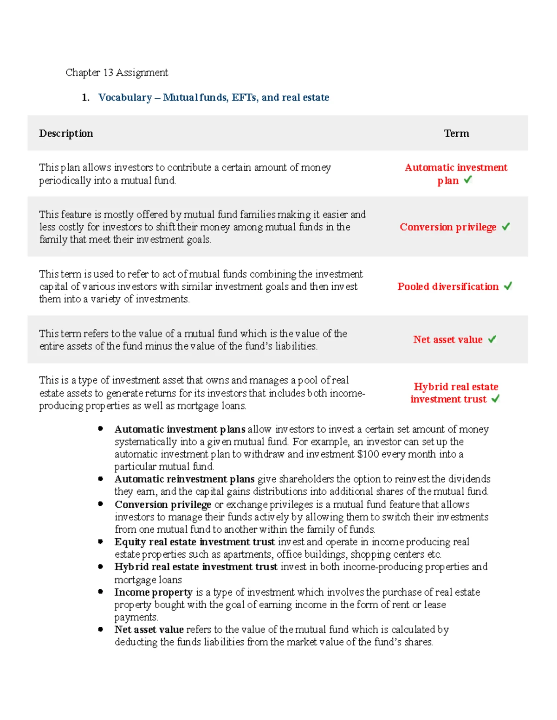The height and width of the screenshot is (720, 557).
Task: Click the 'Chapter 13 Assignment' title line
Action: click(117, 72)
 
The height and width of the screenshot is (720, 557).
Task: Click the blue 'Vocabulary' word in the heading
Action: click(125, 97)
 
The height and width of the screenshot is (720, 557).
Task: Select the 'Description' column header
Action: click(66, 134)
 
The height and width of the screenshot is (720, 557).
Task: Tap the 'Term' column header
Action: click(456, 134)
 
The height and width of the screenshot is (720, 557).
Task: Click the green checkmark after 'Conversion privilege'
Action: click(505, 226)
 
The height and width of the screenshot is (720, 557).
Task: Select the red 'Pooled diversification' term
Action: click(447, 287)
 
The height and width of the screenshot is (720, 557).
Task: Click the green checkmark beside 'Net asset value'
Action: click(492, 339)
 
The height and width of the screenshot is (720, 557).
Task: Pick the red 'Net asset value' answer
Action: click(447, 339)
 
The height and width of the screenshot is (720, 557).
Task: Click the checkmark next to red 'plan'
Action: click(468, 179)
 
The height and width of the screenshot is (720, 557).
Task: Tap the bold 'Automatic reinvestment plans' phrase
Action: click(184, 479)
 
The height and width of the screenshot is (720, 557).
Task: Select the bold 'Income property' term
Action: click(153, 592)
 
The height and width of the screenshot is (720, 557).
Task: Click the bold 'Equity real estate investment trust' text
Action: click(194, 542)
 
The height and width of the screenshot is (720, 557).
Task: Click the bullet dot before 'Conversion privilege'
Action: click(100, 504)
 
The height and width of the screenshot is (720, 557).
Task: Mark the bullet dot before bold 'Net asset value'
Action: click(100, 629)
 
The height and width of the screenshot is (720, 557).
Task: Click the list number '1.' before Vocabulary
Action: click(85, 97)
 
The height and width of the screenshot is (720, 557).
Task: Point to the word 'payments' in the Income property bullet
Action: click(136, 617)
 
